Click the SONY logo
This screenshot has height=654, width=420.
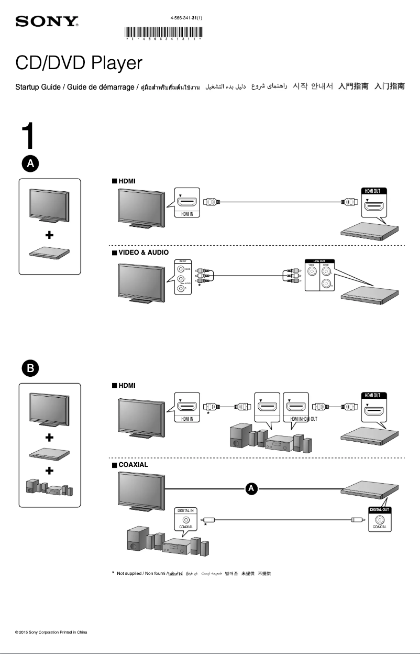coord(47,22)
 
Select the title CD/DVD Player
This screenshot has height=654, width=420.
coord(79,63)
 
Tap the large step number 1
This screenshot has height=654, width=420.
coord(29,137)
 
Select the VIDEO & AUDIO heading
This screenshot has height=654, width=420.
coord(143,253)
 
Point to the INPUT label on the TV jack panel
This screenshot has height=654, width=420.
coord(183,261)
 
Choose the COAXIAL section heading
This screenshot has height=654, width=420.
coord(133,464)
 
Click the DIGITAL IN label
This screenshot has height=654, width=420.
coord(186,510)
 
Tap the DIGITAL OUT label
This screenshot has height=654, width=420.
coord(379,509)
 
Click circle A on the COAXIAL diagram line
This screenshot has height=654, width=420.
coord(251,488)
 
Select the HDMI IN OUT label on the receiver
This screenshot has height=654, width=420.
coord(300,419)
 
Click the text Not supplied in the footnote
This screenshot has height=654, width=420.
coord(129,573)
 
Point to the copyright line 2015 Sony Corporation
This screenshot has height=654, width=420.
coord(51,632)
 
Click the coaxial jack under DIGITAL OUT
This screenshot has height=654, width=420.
coord(379,519)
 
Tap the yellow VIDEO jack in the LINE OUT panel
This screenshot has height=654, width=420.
coord(312,272)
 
